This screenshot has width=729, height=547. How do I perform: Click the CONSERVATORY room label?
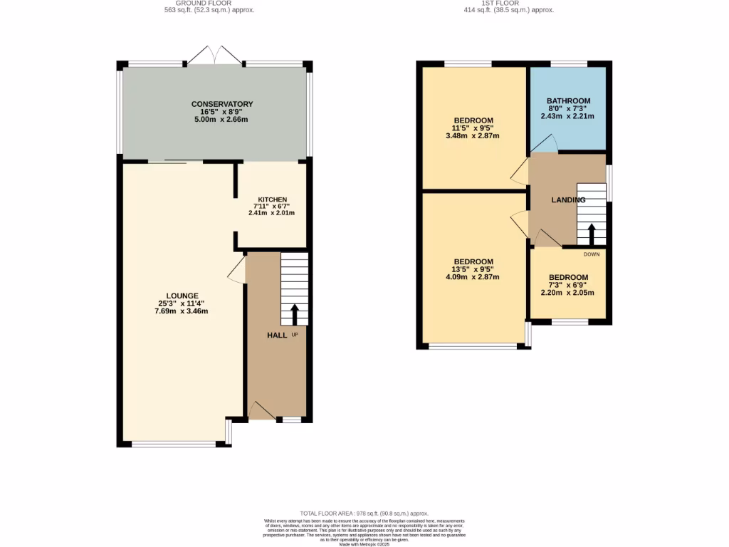(x=221, y=104)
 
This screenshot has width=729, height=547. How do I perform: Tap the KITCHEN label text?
(x=272, y=199)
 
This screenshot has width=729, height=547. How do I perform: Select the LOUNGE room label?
(x=182, y=296)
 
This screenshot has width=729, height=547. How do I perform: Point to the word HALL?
(x=277, y=335)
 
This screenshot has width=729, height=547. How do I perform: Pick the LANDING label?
(x=568, y=200)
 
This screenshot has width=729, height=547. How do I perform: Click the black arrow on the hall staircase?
(x=295, y=313)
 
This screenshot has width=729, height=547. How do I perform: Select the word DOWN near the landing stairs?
(x=591, y=254)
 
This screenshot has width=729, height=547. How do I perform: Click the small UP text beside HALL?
(x=294, y=335)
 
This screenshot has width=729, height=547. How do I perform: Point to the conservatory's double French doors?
(x=214, y=56)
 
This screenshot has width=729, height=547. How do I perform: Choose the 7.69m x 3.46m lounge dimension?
(x=182, y=311)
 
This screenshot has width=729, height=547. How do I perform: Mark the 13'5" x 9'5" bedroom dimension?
(x=473, y=269)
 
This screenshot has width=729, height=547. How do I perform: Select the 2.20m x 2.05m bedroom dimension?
(x=568, y=293)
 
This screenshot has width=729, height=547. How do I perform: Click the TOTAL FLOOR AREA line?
(x=364, y=513)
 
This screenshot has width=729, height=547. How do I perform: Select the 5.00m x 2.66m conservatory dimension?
(x=221, y=120)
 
